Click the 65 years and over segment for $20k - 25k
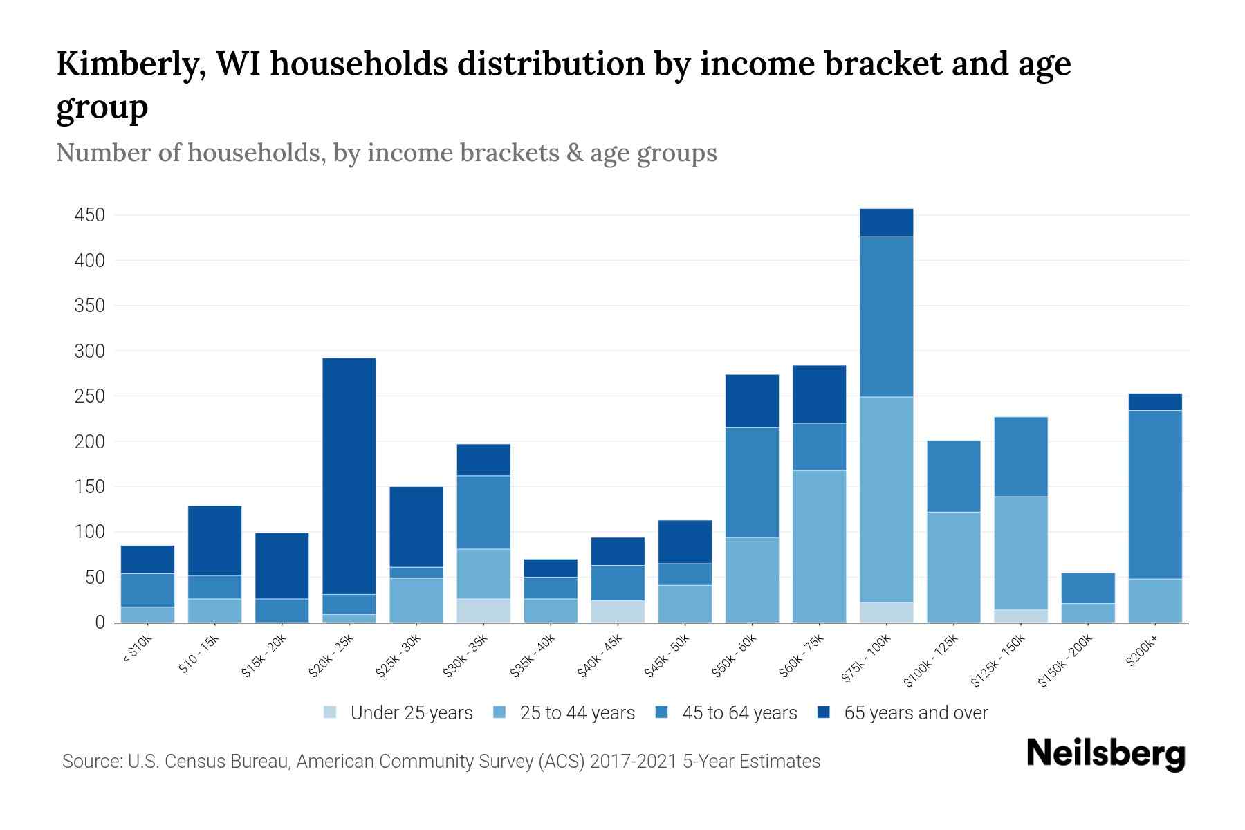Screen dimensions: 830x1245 [349, 476]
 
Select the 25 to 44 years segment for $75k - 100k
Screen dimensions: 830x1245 [886, 499]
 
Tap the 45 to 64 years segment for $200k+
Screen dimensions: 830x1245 [1155, 495]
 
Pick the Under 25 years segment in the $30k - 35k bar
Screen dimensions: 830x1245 [483, 610]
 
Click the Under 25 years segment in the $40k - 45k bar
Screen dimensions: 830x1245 [618, 611]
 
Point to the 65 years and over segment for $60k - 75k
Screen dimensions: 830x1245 [819, 394]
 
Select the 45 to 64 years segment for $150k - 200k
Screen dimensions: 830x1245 [1088, 588]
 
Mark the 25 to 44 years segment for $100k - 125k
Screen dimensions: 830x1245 [954, 567]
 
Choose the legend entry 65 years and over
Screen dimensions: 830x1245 [916, 713]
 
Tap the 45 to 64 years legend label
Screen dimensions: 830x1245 [739, 713]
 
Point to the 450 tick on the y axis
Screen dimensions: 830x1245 [90, 215]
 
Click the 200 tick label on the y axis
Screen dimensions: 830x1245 [90, 441]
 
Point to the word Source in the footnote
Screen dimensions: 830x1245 [91, 762]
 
